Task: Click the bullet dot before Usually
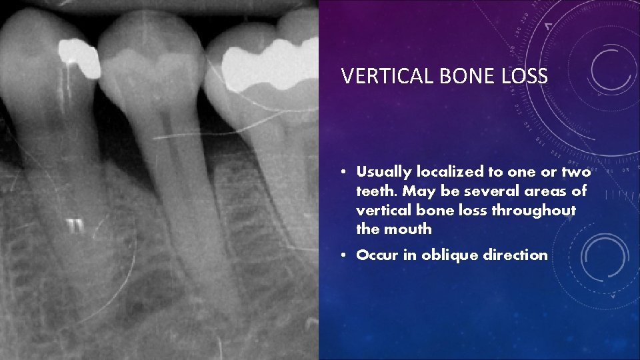(x=341, y=173)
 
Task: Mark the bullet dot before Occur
(x=341, y=255)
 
